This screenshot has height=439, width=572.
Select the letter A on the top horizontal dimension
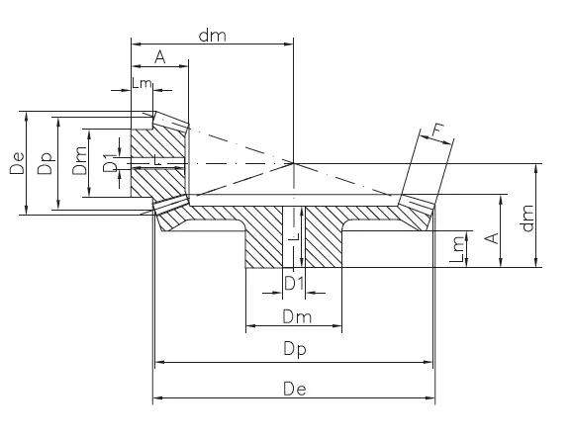[x=159, y=57]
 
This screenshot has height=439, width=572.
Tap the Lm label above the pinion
[x=142, y=85]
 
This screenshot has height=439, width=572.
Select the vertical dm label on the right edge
[x=528, y=216]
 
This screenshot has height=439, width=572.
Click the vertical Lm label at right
[x=457, y=247]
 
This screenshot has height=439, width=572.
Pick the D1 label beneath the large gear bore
[x=294, y=284]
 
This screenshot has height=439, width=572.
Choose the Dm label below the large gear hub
[x=294, y=316]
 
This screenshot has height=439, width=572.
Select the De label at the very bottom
[x=294, y=390]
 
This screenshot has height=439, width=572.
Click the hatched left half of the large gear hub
[x=263, y=237]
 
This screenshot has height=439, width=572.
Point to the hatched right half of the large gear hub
[x=325, y=237]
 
